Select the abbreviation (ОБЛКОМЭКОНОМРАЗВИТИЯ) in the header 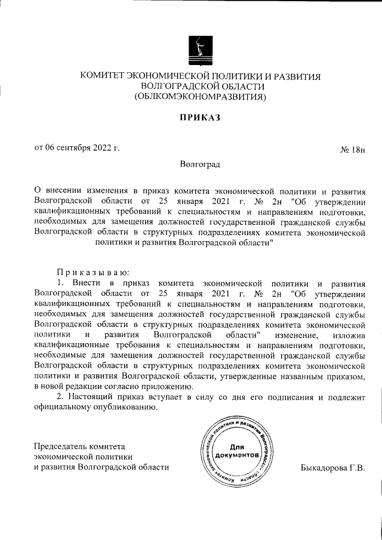(201, 96)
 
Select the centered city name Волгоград (201, 163)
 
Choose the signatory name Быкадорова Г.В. (332, 467)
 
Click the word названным (304, 378)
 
